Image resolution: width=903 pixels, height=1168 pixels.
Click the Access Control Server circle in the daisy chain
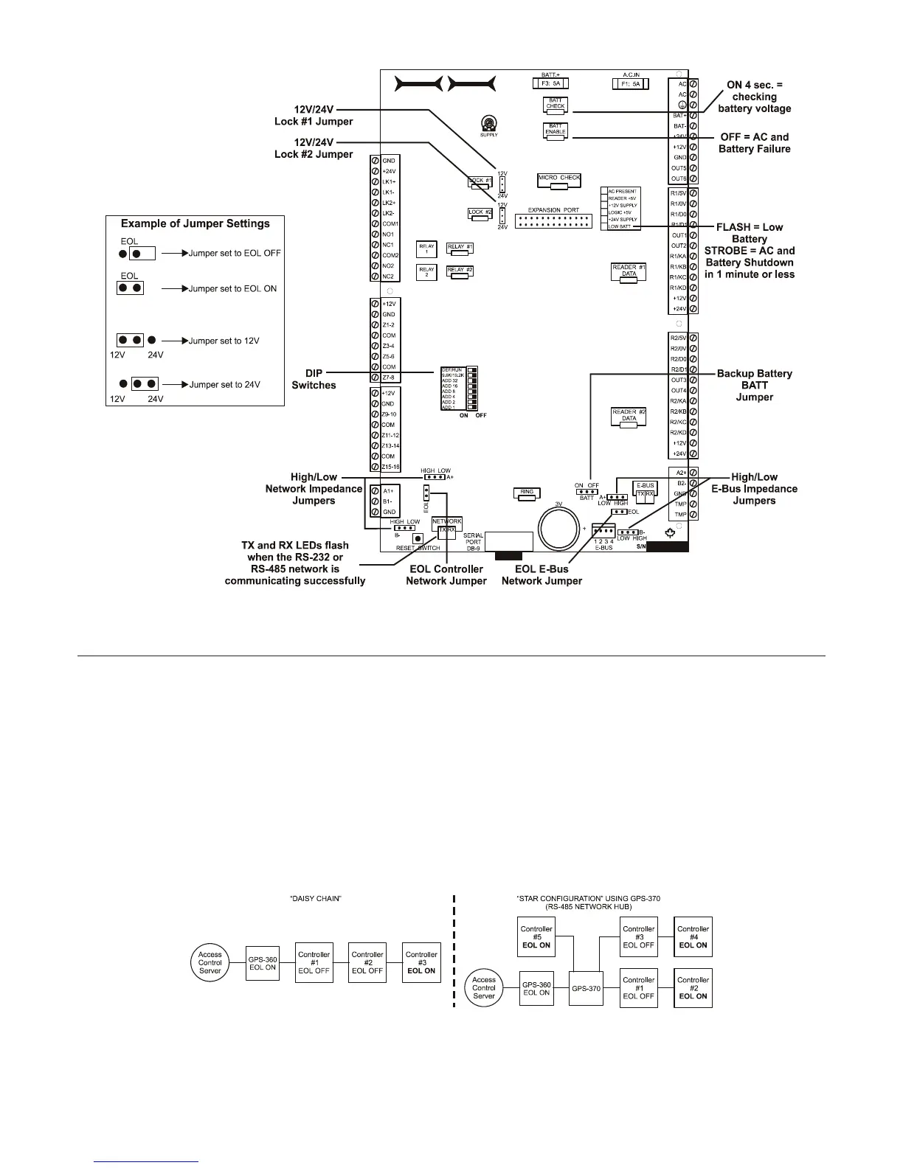pyautogui.click(x=210, y=962)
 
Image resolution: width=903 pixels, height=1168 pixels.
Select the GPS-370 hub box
pyautogui.click(x=587, y=988)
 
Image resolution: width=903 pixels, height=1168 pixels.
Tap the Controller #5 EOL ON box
pyautogui.click(x=536, y=936)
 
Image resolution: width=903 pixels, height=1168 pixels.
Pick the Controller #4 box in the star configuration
pyautogui.click(x=693, y=936)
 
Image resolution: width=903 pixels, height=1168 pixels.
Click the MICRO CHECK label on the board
pyautogui.click(x=559, y=179)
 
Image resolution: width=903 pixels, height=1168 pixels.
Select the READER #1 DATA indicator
pyautogui.click(x=629, y=271)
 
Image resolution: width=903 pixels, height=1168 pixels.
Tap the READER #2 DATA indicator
pyautogui.click(x=629, y=417)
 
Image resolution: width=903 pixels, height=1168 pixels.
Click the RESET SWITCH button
pyautogui.click(x=418, y=538)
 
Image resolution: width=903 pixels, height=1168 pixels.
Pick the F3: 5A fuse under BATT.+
pyautogui.click(x=551, y=84)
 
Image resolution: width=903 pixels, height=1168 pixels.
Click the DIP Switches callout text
pyautogui.click(x=314, y=379)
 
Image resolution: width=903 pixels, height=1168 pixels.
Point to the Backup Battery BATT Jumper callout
pyautogui.click(x=754, y=385)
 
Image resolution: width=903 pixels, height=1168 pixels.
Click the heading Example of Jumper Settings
pyautogui.click(x=195, y=223)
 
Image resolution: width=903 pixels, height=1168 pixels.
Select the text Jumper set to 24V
pyautogui.click(x=224, y=384)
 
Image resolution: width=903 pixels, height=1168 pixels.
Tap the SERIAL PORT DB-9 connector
pyautogui.click(x=508, y=541)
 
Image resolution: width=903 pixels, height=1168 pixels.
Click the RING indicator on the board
pyautogui.click(x=527, y=493)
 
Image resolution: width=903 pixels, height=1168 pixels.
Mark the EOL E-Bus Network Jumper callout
pyautogui.click(x=542, y=575)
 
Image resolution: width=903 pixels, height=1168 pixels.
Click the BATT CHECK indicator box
pyautogui.click(x=555, y=105)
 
